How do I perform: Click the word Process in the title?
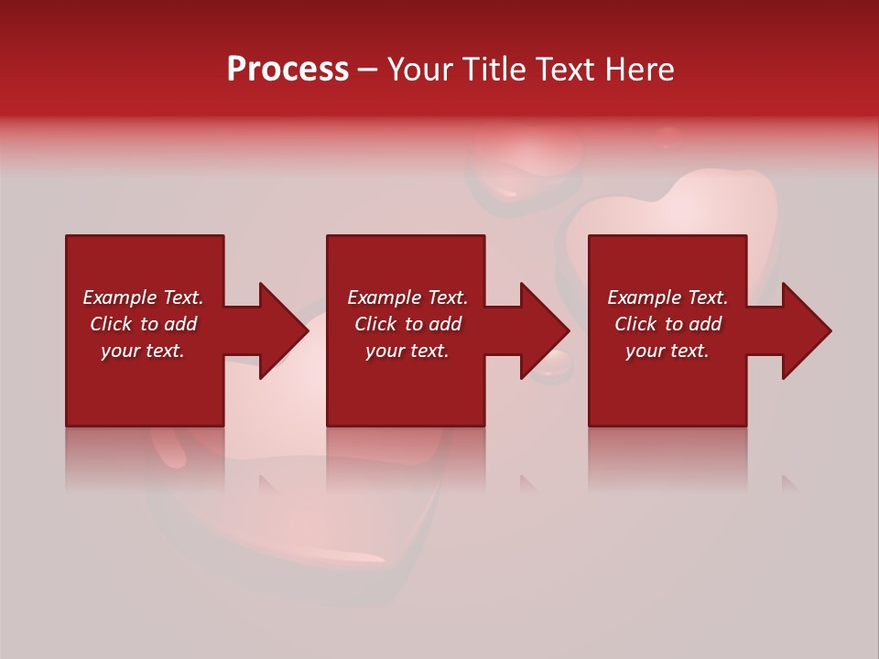(288, 70)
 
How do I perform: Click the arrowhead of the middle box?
(549, 330)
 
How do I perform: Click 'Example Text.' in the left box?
(143, 297)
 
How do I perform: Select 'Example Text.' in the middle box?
(407, 297)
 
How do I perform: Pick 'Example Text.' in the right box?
(667, 297)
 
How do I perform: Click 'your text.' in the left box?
(143, 351)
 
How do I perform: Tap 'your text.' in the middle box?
(407, 351)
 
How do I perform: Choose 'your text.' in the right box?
(667, 351)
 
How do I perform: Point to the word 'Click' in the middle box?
(375, 324)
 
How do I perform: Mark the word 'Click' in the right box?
(635, 324)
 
